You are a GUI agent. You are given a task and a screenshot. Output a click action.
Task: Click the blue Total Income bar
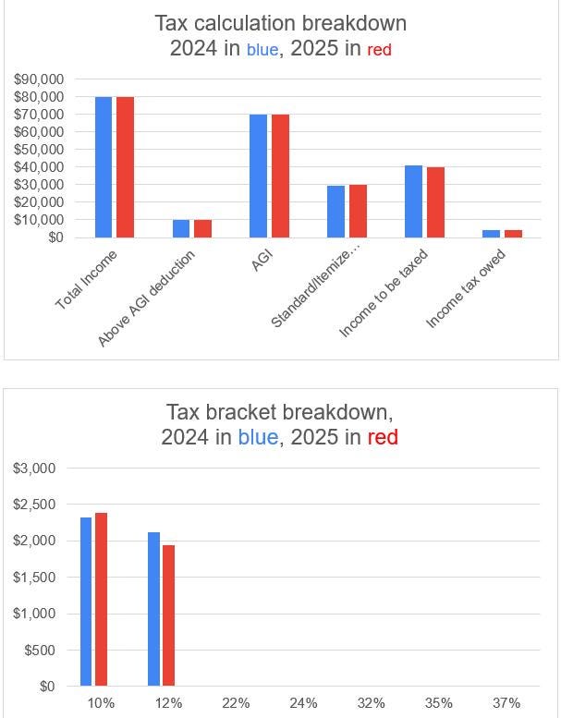(103, 167)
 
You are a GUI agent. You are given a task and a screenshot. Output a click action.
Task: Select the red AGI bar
(280, 176)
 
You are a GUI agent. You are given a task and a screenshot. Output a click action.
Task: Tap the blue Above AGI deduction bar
(181, 228)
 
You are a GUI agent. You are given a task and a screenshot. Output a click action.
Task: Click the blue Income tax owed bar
(491, 234)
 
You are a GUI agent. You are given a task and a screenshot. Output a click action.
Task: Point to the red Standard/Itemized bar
(358, 211)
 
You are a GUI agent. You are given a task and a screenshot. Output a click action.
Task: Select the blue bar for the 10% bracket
(86, 602)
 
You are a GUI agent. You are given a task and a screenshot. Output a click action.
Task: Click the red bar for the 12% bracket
(168, 615)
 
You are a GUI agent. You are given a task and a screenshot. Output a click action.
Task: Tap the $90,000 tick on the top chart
(39, 79)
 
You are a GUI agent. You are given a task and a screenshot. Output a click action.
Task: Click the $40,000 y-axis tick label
(39, 167)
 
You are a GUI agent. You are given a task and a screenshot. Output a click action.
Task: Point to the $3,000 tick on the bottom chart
(35, 469)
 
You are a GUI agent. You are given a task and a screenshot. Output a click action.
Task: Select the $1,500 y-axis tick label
(35, 578)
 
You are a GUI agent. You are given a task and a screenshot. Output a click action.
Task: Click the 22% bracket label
(236, 703)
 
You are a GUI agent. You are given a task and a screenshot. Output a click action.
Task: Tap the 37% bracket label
(506, 703)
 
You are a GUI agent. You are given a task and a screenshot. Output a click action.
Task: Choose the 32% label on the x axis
(371, 703)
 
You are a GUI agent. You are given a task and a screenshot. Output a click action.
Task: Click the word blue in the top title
(262, 50)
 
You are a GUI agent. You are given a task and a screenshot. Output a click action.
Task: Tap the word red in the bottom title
(383, 438)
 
